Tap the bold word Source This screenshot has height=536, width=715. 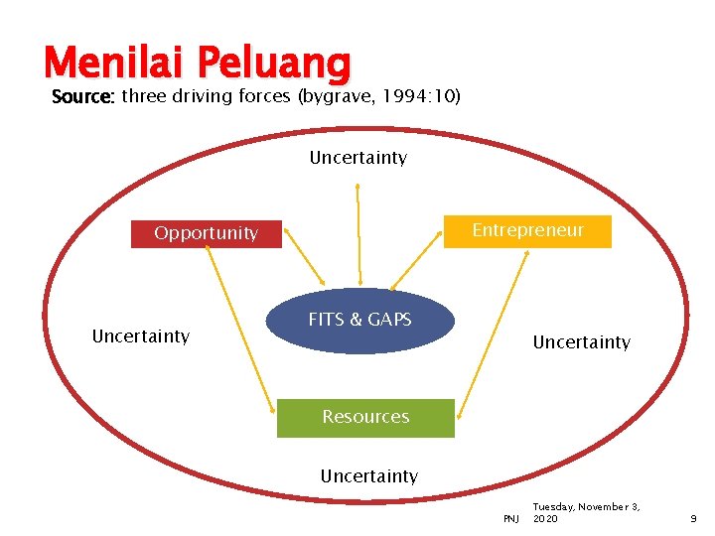point(83,96)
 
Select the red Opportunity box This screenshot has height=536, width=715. point(206,233)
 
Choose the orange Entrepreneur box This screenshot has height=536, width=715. point(527,230)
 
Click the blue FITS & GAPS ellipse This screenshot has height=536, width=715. point(359,320)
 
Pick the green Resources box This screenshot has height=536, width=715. point(364,417)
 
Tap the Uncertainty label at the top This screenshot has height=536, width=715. point(357,158)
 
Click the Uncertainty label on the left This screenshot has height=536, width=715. point(140,335)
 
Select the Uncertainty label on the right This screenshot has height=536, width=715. point(581,342)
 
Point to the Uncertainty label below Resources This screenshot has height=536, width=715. point(368,476)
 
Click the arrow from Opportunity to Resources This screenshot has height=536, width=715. point(240,329)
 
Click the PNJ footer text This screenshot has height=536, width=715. point(510,519)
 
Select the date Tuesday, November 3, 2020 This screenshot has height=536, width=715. point(586,512)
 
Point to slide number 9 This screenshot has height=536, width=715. point(693,519)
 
